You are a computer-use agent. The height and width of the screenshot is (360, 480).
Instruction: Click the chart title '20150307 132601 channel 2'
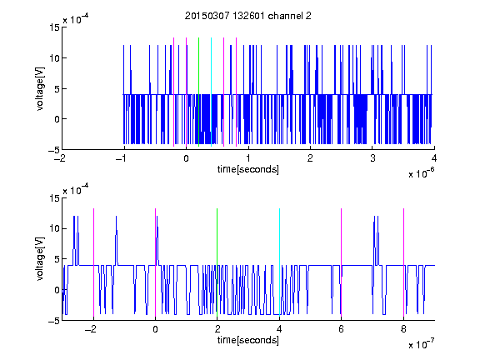click(248, 16)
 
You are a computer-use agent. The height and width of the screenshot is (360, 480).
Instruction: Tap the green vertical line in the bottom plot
click(217, 262)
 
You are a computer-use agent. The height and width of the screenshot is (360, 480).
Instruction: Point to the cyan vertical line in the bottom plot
click(279, 262)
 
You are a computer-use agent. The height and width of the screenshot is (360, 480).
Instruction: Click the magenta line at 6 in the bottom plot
click(342, 262)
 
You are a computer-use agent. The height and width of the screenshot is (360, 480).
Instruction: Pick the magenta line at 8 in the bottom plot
click(404, 262)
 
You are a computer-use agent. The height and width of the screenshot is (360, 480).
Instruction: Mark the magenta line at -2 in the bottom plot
click(93, 262)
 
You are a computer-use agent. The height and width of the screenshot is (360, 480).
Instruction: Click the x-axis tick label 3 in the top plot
click(372, 158)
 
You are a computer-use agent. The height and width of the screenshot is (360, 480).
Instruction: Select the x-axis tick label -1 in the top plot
click(122, 158)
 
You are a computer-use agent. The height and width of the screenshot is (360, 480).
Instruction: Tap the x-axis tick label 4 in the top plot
click(434, 158)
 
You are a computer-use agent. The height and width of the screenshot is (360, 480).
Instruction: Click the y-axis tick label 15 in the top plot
click(54, 27)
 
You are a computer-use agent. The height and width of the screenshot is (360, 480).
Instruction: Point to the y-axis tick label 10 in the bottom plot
click(54, 228)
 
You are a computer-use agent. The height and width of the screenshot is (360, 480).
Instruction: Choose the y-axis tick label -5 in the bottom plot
click(54, 321)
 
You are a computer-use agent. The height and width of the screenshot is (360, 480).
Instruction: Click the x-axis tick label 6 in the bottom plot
click(342, 329)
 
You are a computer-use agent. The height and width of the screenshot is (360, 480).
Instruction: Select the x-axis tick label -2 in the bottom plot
click(91, 329)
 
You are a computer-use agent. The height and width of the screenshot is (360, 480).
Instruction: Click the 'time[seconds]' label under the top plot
click(248, 169)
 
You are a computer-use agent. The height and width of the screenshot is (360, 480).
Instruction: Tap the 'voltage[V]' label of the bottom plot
click(40, 258)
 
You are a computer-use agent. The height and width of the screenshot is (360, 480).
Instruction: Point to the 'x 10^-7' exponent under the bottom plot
click(422, 344)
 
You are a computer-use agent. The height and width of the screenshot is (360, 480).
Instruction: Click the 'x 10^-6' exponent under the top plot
click(422, 173)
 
